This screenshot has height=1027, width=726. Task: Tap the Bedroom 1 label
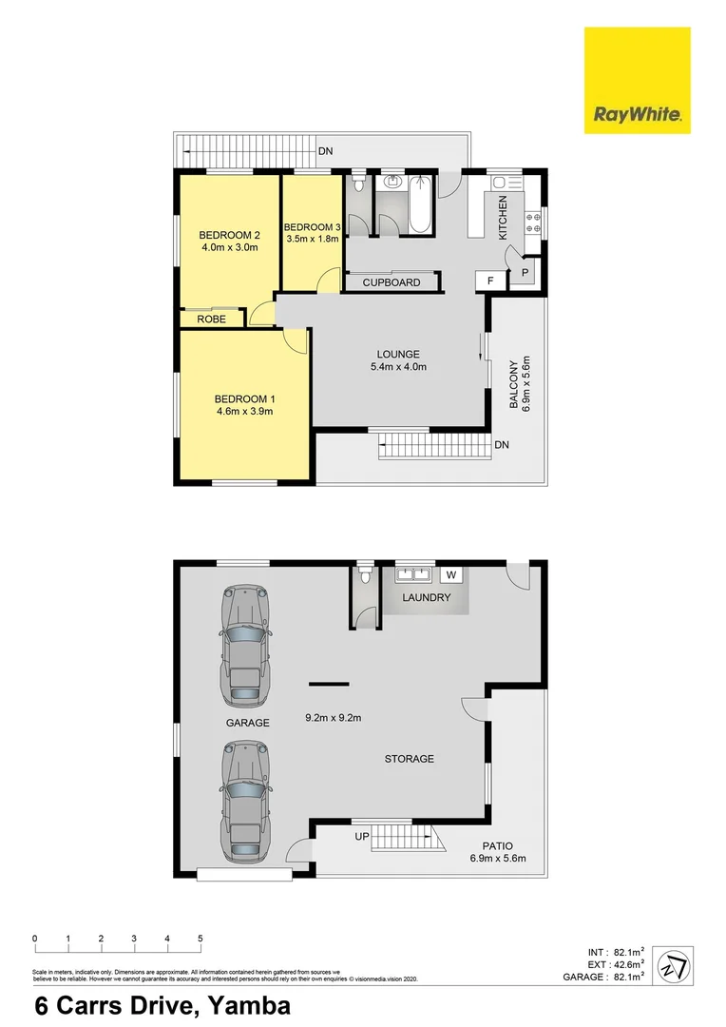point(243,398)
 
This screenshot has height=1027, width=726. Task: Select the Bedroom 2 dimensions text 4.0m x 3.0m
point(229,248)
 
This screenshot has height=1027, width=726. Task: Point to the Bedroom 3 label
point(312,226)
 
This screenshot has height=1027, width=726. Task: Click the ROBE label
point(211,320)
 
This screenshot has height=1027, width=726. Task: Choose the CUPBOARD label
point(392,282)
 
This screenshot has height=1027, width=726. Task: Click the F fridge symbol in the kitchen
point(490,281)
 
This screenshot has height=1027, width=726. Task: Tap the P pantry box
point(524,274)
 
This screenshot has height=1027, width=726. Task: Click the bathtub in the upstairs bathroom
point(423,203)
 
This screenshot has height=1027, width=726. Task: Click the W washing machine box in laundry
point(451,574)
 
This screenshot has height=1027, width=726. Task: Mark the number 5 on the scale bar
point(201,939)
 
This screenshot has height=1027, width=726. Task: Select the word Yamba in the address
point(241,1006)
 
